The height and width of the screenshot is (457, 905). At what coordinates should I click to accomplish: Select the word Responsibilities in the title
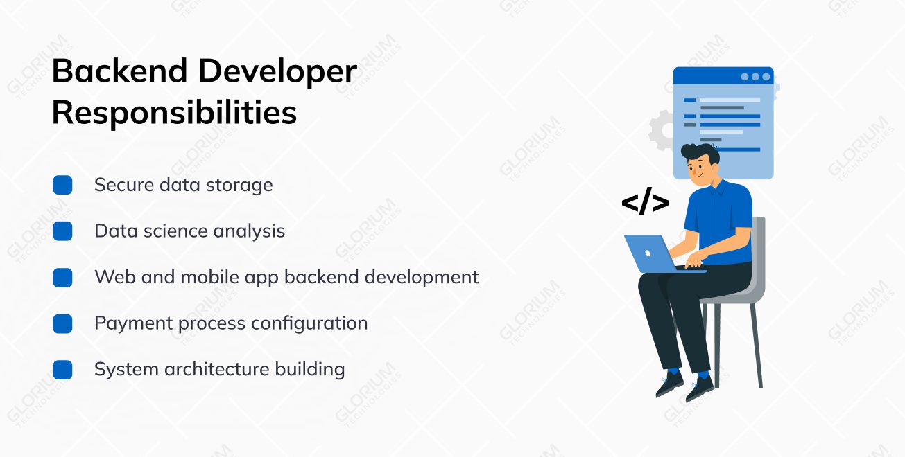pos(174,112)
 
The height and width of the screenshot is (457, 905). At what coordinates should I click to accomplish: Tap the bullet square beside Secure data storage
pos(62,185)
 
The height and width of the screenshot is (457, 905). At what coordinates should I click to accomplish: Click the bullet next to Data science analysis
pos(62,231)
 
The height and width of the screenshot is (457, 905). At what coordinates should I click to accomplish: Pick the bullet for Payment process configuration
pos(62,323)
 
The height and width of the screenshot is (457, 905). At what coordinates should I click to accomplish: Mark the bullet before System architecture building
pos(62,370)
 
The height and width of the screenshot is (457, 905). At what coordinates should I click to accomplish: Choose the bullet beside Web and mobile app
pos(62,278)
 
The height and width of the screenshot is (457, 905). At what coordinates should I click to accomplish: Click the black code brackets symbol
pos(645,203)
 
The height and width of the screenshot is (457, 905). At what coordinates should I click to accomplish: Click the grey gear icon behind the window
pos(660,130)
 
